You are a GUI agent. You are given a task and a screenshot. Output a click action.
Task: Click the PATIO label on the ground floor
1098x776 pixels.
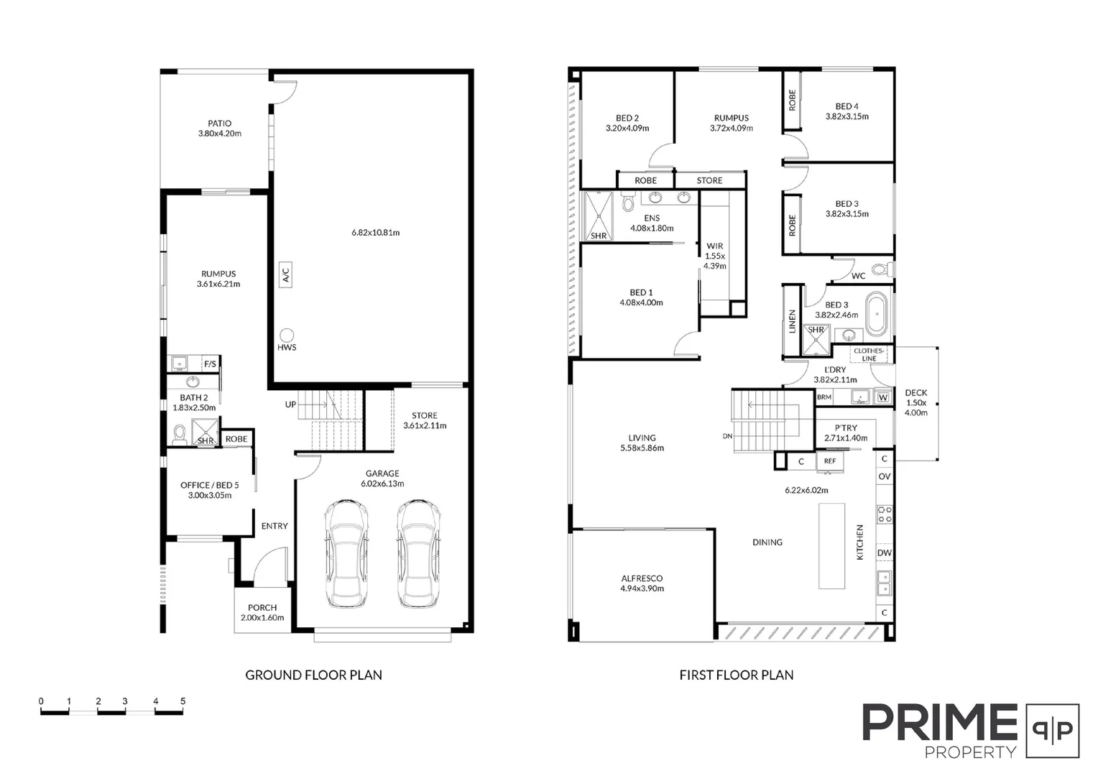pyautogui.click(x=219, y=124)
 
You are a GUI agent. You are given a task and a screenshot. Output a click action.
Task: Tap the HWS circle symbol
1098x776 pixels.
pyautogui.click(x=287, y=335)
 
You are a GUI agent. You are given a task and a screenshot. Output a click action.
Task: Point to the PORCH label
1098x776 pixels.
pyautogui.click(x=262, y=608)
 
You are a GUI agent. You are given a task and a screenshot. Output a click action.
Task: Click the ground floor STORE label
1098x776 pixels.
pyautogui.click(x=425, y=415)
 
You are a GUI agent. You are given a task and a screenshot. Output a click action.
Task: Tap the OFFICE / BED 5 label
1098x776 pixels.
pyautogui.click(x=210, y=485)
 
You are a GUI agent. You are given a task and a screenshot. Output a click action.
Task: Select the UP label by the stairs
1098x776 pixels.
pyautogui.click(x=290, y=405)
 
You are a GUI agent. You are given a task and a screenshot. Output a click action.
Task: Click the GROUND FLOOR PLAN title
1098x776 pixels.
pyautogui.click(x=314, y=675)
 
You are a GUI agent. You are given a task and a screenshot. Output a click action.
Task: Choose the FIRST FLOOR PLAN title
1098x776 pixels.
pyautogui.click(x=737, y=675)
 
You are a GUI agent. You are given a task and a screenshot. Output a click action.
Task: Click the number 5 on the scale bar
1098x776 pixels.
pyautogui.click(x=183, y=701)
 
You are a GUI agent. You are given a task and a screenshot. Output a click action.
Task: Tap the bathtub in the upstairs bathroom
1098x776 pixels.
pyautogui.click(x=877, y=314)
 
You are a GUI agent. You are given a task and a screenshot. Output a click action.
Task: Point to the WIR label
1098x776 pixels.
pyautogui.click(x=714, y=246)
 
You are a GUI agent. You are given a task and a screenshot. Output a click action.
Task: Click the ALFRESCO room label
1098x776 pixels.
pyautogui.click(x=642, y=578)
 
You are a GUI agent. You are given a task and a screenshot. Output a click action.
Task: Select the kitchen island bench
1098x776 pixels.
pyautogui.click(x=832, y=545)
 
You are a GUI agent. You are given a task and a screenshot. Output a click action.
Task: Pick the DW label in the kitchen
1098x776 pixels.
pyautogui.click(x=884, y=553)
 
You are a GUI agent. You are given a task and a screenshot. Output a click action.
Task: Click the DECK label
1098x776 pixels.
pyautogui.click(x=916, y=393)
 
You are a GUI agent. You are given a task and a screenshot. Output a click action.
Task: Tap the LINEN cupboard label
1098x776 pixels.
pyautogui.click(x=793, y=320)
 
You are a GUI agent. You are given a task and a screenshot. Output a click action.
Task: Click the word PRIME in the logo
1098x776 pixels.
pyautogui.click(x=940, y=723)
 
